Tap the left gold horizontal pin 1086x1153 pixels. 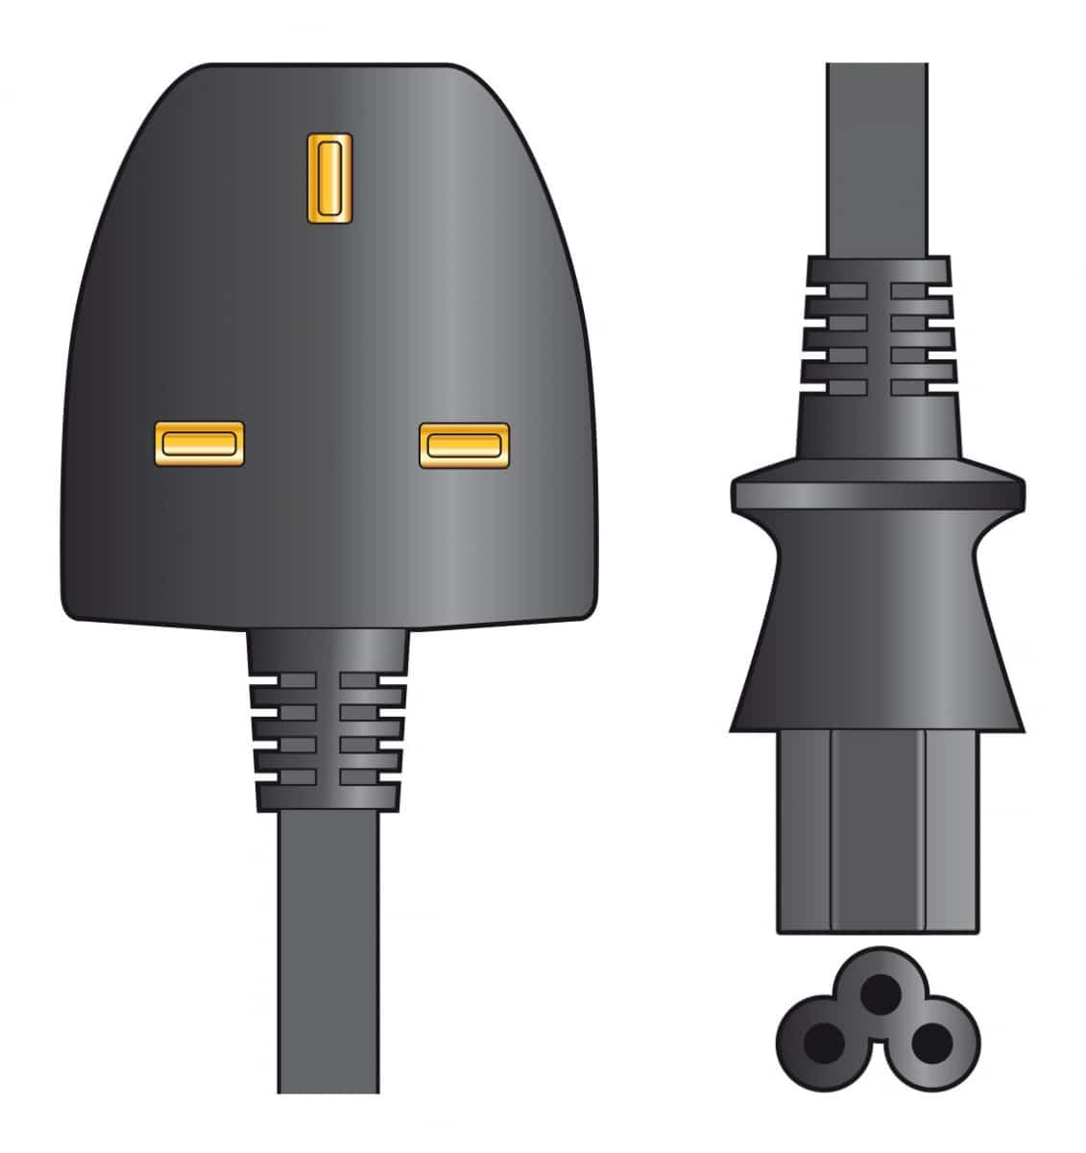pyautogui.click(x=199, y=443)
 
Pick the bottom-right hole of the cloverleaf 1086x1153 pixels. pyautogui.click(x=929, y=1040)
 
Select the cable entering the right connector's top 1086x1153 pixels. pyautogui.click(x=877, y=154)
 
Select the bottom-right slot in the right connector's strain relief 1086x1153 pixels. pyautogui.click(x=919, y=387)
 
